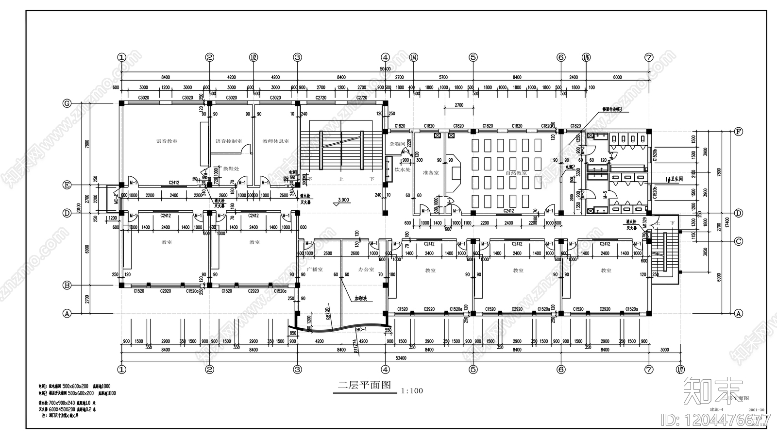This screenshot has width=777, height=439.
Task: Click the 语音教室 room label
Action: click(167, 141)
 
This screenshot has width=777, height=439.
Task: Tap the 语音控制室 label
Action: click(229, 141)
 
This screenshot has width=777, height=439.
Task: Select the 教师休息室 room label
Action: click(275, 141)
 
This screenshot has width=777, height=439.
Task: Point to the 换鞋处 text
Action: click(231, 169)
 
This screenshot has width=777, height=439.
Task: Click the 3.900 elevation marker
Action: click(343, 200)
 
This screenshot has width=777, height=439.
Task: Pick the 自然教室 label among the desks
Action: click(516, 172)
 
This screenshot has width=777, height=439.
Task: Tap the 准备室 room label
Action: click(431, 172)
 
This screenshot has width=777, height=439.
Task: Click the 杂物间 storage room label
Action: click(397, 144)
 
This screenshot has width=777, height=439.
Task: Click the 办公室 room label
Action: click(366, 269)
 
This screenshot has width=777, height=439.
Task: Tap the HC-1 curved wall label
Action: click(361, 330)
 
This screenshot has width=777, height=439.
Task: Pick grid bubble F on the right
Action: click(739, 131)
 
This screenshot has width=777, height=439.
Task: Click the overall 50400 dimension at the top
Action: click(385, 69)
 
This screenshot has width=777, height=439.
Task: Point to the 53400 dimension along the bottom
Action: click(401, 357)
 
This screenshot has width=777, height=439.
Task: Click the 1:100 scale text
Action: click(412, 390)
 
